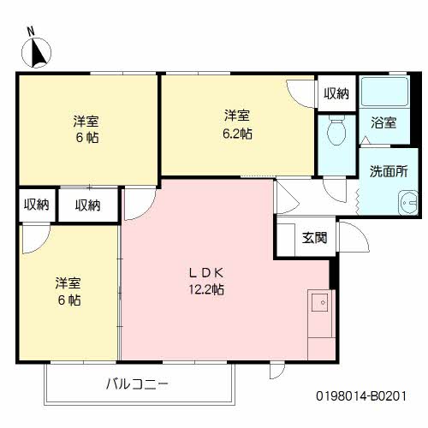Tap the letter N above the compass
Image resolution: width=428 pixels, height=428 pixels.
[31, 31]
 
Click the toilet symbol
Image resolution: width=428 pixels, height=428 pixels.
[336, 132]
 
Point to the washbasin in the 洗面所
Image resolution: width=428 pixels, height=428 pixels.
[403, 205]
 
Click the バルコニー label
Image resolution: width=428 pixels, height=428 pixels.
[138, 383]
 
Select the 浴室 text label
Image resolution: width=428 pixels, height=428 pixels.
[383, 122]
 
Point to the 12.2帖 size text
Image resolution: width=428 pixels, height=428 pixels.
[206, 289]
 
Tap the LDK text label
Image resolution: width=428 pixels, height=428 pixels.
[206, 273]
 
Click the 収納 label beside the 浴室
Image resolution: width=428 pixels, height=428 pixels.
[336, 93]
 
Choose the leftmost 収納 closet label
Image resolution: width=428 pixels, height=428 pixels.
[36, 205]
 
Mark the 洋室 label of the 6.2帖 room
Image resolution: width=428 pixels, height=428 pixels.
[238, 115]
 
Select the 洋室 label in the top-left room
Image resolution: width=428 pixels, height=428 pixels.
[86, 121]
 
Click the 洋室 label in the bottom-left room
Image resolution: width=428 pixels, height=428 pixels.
[68, 282]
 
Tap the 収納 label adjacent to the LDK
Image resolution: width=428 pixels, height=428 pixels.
[87, 205]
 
